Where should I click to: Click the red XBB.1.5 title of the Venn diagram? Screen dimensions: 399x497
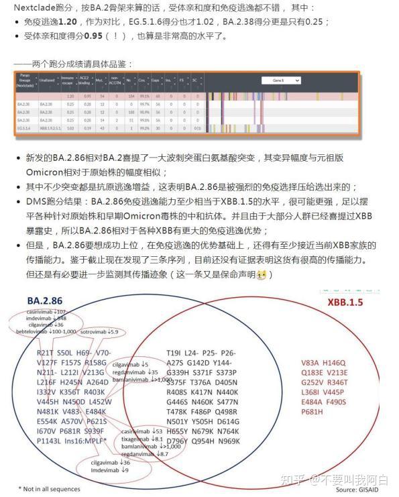(x=345, y=302)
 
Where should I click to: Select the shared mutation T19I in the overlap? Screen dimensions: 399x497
(x=174, y=353)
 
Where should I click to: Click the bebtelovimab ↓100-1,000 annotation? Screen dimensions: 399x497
(x=47, y=332)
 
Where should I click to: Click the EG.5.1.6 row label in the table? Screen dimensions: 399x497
(x=26, y=127)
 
